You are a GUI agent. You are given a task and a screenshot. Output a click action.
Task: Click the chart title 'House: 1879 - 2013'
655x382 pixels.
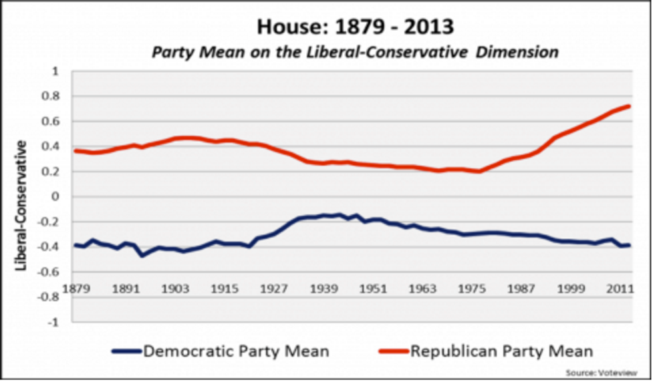click(354, 27)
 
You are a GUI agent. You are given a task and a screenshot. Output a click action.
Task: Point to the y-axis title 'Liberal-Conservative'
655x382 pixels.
click(22, 205)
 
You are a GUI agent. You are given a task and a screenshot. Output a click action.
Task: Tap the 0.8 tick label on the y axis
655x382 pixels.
click(51, 96)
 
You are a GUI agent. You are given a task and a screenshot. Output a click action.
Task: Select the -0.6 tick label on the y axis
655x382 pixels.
click(49, 272)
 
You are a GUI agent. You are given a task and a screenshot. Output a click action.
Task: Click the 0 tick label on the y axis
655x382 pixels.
click(55, 196)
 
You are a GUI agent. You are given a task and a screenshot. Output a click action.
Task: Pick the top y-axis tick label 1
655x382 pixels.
click(55, 71)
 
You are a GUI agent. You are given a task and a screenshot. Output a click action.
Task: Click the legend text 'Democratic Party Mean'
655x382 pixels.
click(236, 351)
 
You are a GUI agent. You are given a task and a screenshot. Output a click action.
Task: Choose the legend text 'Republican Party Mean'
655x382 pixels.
click(502, 351)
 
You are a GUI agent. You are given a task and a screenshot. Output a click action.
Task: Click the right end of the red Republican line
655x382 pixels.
click(629, 106)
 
